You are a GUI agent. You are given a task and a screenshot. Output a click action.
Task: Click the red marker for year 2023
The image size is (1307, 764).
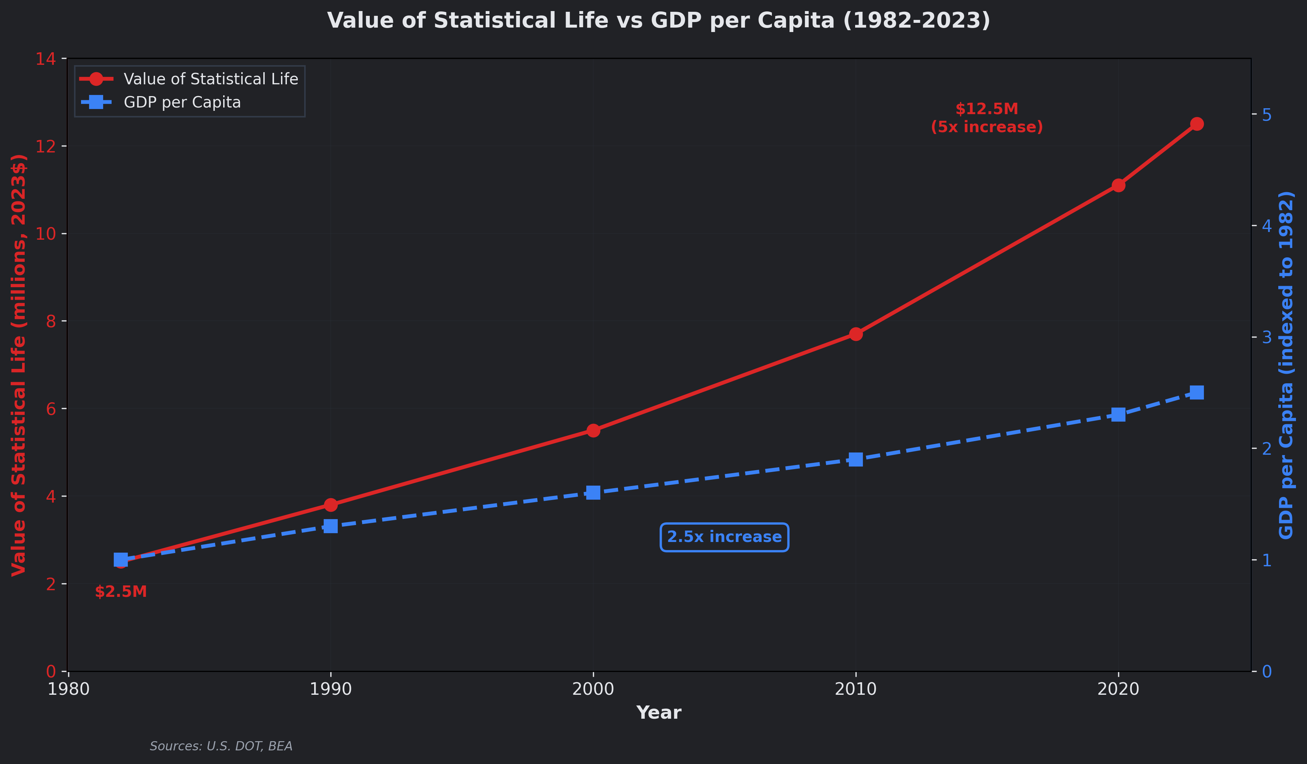(1197, 124)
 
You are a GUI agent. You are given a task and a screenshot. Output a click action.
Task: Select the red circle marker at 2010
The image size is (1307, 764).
(856, 334)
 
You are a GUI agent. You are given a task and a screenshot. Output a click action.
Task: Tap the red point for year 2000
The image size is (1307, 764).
(593, 430)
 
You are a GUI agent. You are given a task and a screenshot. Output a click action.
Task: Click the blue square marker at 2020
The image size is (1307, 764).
(1118, 415)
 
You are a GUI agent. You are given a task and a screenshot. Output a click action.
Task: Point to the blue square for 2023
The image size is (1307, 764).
(1197, 392)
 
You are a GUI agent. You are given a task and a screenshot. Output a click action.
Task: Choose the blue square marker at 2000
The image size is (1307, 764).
(593, 493)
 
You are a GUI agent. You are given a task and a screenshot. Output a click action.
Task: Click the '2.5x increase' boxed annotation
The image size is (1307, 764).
(724, 537)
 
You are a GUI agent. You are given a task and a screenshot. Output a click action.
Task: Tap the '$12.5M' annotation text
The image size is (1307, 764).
(987, 109)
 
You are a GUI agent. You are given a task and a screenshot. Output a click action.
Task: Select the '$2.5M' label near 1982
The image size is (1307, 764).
(121, 592)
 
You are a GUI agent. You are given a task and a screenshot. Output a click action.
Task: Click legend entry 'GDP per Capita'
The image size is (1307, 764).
(182, 102)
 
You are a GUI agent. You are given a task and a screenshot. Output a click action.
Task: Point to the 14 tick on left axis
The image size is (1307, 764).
(46, 59)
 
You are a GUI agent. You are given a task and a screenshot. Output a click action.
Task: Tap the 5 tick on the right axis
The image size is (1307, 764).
(1266, 114)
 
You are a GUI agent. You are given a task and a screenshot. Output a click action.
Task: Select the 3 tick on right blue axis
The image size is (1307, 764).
(1266, 337)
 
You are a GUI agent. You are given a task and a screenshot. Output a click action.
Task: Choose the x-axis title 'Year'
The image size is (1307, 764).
(658, 713)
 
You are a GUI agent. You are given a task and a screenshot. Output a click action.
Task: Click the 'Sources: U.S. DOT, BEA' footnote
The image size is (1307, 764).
(221, 746)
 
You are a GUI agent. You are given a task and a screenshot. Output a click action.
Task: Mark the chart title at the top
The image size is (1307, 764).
(658, 21)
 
